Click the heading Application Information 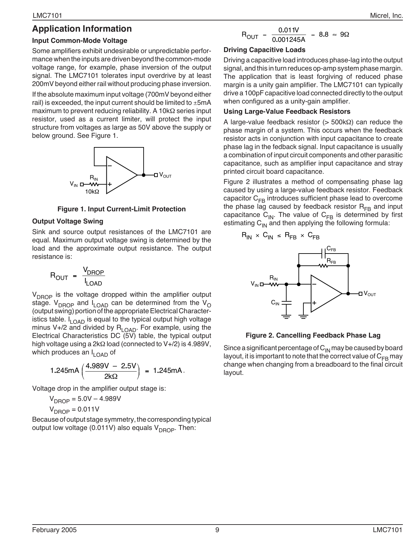pyautogui.click(x=82, y=29)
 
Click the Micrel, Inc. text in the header pyautogui.click(x=386, y=16)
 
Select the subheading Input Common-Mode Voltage pyautogui.click(x=80, y=41)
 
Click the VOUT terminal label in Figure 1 pyautogui.click(x=165, y=175)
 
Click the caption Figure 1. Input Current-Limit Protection pyautogui.click(x=122, y=209)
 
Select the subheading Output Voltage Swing pyautogui.click(x=68, y=221)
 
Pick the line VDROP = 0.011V pyautogui.click(x=74, y=410)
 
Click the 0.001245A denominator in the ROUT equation pyautogui.click(x=289, y=40)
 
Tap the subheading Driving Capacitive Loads pyautogui.click(x=264, y=50)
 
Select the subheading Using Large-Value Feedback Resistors pyautogui.click(x=287, y=111)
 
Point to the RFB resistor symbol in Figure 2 pyautogui.click(x=323, y=265)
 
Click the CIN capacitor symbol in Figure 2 pyautogui.click(x=286, y=302)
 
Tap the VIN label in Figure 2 pyautogui.click(x=254, y=284)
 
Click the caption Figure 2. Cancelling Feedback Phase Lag pyautogui.click(x=313, y=336)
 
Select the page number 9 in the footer pyautogui.click(x=217, y=530)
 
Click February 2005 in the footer pyautogui.click(x=54, y=530)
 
